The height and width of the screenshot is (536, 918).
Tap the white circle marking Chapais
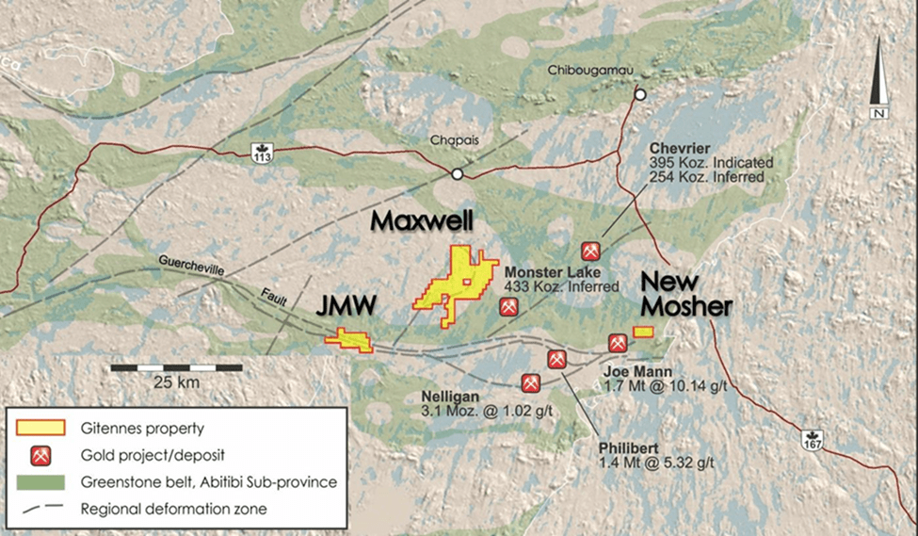[457, 174]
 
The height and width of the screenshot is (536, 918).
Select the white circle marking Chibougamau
[640, 94]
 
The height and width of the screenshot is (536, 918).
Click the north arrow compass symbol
[879, 80]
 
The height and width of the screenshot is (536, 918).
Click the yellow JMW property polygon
[349, 340]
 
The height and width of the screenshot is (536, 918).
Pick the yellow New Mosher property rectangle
[643, 331]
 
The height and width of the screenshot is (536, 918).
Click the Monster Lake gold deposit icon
[507, 307]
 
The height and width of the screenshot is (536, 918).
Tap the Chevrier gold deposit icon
[591, 251]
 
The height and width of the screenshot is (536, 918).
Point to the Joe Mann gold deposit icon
[618, 343]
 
